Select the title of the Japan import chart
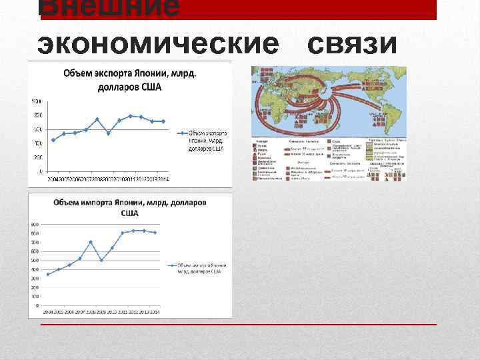click(130, 207)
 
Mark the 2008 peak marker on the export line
click(97, 119)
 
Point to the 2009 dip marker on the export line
click(108, 133)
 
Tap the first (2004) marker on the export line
click(53, 140)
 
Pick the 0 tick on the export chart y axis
click(39, 171)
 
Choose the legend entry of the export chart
click(203, 141)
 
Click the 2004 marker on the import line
click(48, 274)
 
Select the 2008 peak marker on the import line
click(91, 242)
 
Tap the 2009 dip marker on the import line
click(101, 260)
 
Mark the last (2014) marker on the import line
click(155, 233)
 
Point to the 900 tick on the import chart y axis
click(35, 225)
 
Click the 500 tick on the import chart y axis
click(35, 260)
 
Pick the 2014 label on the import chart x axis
click(155, 311)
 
